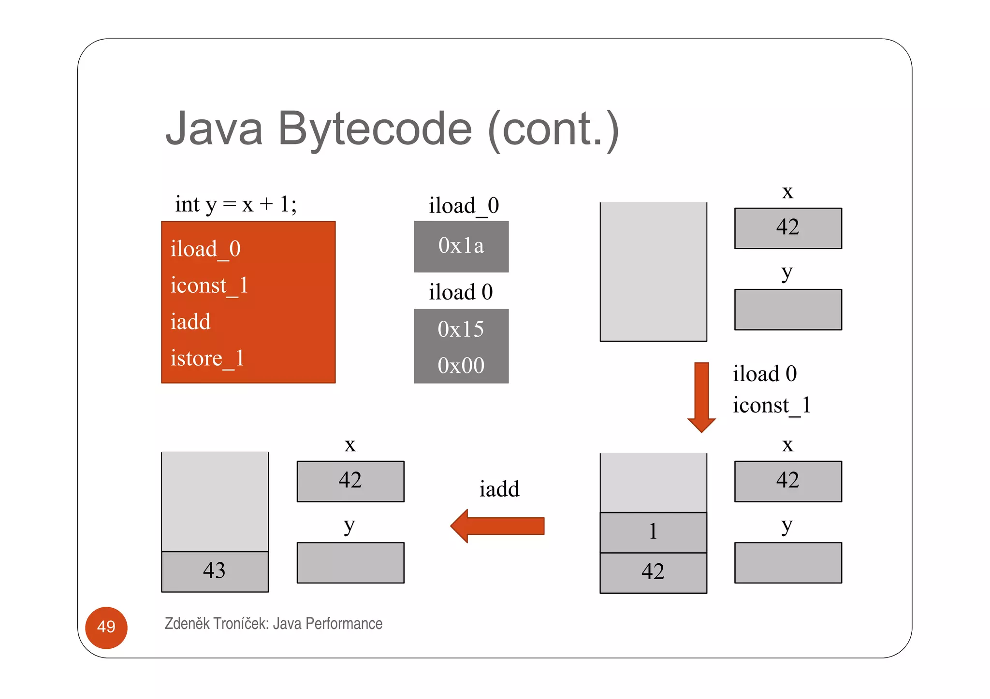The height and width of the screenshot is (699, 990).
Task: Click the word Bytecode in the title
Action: coord(375,129)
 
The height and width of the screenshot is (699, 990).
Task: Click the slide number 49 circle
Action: coord(106,627)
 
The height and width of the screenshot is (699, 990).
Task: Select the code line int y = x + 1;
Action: coord(235,204)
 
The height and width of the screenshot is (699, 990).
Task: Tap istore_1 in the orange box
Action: coord(207,359)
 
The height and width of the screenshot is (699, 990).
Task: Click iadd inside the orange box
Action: coord(190,322)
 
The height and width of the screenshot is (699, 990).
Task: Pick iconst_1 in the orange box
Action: coord(209,285)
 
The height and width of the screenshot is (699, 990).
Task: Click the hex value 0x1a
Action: coord(461,246)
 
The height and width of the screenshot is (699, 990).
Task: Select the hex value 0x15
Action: coord(461,329)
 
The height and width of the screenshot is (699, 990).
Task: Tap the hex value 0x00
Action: coord(461,366)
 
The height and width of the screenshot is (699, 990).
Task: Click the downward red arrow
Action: coord(701,396)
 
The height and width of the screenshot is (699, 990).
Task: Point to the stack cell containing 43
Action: coord(215,571)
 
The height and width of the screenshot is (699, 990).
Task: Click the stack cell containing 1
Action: coord(653,532)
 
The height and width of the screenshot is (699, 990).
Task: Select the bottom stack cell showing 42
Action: coord(653,572)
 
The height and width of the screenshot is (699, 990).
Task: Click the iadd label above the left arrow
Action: coord(499,489)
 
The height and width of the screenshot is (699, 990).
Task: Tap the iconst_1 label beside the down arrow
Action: coord(771,405)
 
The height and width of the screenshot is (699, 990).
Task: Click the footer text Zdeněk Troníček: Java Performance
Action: coord(273,624)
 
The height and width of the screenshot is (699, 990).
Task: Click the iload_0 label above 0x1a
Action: coord(464,206)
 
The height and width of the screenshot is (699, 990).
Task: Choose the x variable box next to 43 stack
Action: coord(350,481)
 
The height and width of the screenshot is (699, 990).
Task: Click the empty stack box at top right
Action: coord(653,271)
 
